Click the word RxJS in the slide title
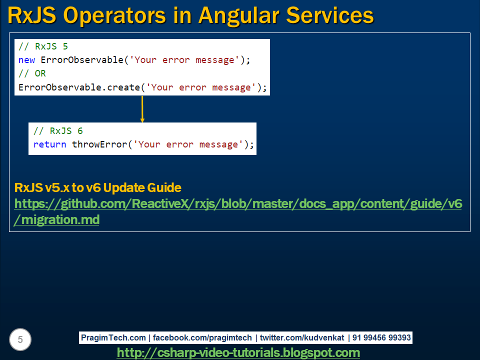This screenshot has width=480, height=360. [32, 15]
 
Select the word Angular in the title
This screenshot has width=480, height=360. [239, 16]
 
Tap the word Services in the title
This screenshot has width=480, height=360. [330, 15]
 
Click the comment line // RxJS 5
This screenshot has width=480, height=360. [43, 46]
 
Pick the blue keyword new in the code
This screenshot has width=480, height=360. [26, 60]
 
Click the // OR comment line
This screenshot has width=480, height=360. [32, 73]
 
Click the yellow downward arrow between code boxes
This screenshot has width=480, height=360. [142, 109]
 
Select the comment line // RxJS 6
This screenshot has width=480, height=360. [58, 130]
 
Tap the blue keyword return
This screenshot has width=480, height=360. [49, 144]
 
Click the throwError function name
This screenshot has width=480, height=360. [99, 144]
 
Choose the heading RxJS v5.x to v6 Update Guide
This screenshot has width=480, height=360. [98, 187]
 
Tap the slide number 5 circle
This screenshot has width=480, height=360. [20, 339]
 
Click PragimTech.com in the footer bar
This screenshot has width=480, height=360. [113, 337]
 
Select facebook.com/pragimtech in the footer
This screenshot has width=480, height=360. [202, 338]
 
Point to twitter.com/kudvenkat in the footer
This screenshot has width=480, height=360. [302, 337]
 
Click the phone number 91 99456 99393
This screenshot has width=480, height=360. [381, 337]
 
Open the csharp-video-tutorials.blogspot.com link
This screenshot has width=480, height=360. [238, 352]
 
